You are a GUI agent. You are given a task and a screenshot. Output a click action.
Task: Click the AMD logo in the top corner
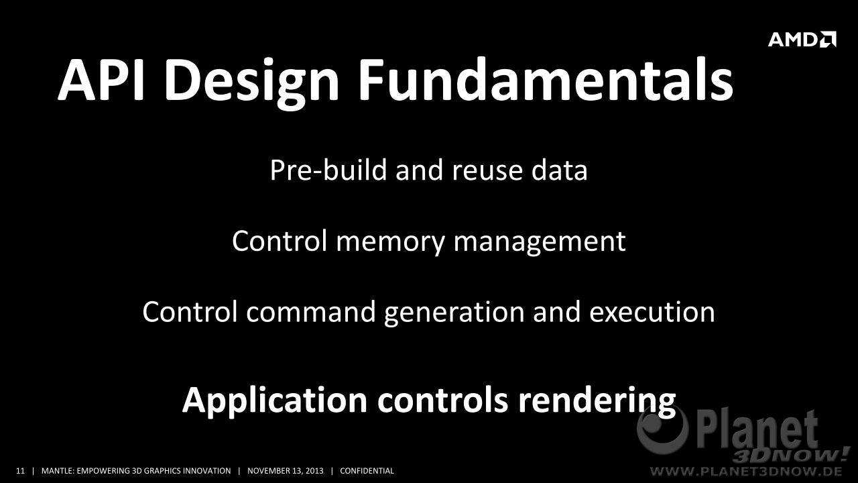[802, 40]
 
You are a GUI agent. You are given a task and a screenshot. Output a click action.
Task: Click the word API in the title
[101, 80]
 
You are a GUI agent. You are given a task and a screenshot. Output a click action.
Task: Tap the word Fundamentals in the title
[545, 80]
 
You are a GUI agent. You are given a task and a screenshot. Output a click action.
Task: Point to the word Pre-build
[328, 170]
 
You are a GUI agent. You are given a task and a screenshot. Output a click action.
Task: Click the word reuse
[487, 172]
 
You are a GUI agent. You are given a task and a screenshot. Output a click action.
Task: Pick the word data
[559, 170]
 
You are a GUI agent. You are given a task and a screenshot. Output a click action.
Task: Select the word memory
[390, 244]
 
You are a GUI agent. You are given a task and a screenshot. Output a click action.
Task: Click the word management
[540, 243]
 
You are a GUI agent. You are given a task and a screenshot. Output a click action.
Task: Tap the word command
[310, 312]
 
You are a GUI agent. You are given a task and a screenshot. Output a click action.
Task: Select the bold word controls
[442, 400]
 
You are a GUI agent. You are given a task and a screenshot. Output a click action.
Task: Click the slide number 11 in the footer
[20, 471]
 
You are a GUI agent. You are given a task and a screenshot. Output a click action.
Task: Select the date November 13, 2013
[286, 471]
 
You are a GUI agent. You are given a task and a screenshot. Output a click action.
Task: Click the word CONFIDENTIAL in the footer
[367, 471]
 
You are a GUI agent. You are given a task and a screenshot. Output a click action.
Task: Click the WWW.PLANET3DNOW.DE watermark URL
[746, 471]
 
